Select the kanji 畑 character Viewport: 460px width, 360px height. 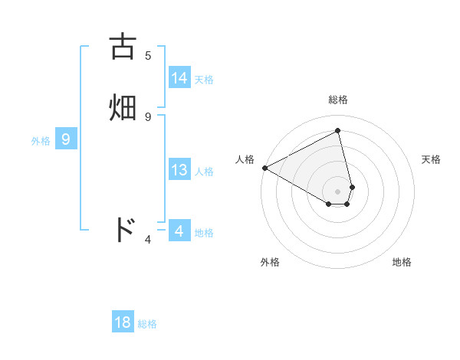123,106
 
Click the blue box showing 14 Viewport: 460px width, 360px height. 179,78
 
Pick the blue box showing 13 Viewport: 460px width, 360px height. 179,170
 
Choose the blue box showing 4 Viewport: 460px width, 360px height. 179,231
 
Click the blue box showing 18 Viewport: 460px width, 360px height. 123,322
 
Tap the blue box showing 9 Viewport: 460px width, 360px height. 66,139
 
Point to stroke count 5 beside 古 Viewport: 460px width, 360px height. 148,55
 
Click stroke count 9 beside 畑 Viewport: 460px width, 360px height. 148,116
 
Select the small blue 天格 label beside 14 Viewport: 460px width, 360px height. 204,80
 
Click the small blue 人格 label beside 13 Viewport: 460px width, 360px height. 204,172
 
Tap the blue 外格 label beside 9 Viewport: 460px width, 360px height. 41,141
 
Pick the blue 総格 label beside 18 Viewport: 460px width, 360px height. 147,324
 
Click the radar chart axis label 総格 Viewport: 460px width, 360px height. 338,100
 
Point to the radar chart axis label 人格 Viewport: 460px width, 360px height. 245,159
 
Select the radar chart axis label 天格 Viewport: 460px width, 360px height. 431,159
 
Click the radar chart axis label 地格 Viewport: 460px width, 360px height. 402,262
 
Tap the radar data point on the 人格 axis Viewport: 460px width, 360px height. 264,168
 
